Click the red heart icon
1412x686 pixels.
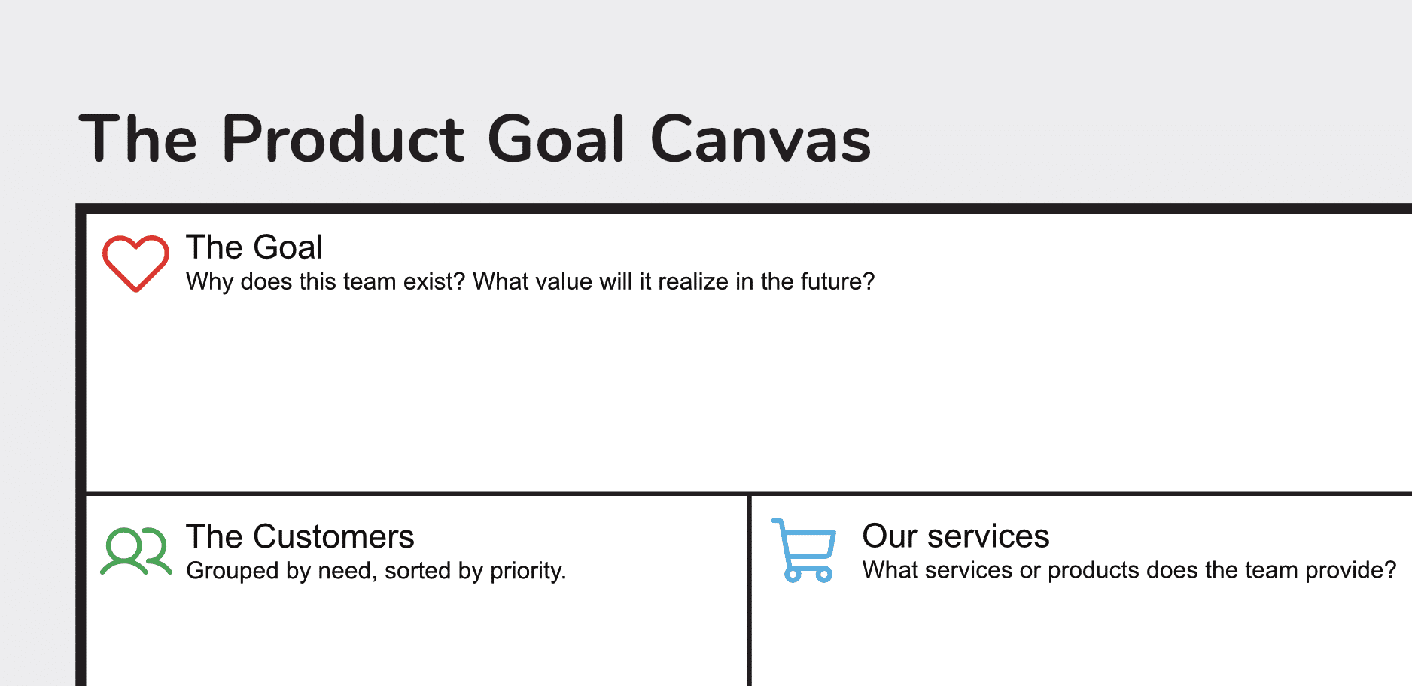click(x=135, y=263)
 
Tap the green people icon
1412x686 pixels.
click(x=136, y=551)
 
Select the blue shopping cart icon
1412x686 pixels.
click(x=805, y=550)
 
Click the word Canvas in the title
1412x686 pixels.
click(x=760, y=139)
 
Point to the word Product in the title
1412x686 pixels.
click(x=343, y=139)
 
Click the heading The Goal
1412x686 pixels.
click(x=254, y=247)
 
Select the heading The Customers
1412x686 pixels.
click(x=300, y=537)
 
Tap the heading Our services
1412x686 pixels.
click(x=955, y=536)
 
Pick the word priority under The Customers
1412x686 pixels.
click(x=528, y=571)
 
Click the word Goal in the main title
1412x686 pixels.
click(x=556, y=139)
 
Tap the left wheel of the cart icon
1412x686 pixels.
click(x=793, y=575)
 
